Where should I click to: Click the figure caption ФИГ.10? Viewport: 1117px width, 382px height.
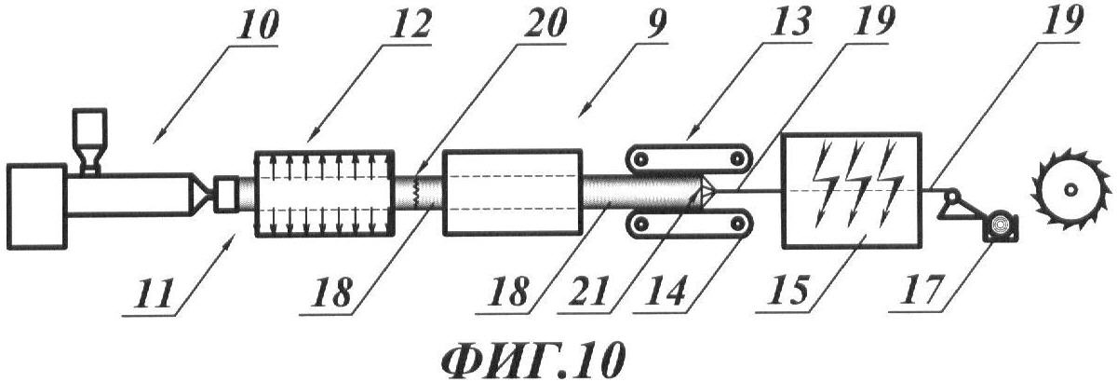[x=532, y=361]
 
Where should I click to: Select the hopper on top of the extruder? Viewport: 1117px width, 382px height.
[x=89, y=141]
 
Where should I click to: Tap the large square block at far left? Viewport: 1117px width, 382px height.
[x=37, y=206]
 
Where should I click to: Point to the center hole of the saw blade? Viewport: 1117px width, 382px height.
[x=1070, y=190]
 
